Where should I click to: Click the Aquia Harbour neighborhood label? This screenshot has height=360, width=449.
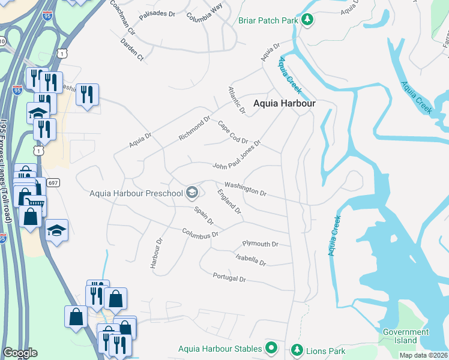284,103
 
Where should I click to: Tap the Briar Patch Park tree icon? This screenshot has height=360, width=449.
307,20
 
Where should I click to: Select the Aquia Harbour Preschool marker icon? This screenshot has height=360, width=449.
192,193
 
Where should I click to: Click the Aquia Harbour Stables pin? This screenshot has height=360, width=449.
271,348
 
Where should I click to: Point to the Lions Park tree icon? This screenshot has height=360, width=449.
296,349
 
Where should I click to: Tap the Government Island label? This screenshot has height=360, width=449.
406,336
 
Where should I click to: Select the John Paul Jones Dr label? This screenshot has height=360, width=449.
237,155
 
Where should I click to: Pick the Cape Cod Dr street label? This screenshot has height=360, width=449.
233,132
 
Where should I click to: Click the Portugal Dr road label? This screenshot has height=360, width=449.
229,278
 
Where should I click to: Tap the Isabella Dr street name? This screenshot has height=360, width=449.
250,259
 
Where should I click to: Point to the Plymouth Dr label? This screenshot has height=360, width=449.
260,244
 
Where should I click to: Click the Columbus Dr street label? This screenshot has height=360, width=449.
200,233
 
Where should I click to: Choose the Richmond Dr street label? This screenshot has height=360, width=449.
195,128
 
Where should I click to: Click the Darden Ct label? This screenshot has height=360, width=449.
132,50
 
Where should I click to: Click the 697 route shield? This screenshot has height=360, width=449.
53,183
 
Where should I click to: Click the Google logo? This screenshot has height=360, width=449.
20,353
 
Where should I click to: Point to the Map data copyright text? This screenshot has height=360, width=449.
423,355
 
